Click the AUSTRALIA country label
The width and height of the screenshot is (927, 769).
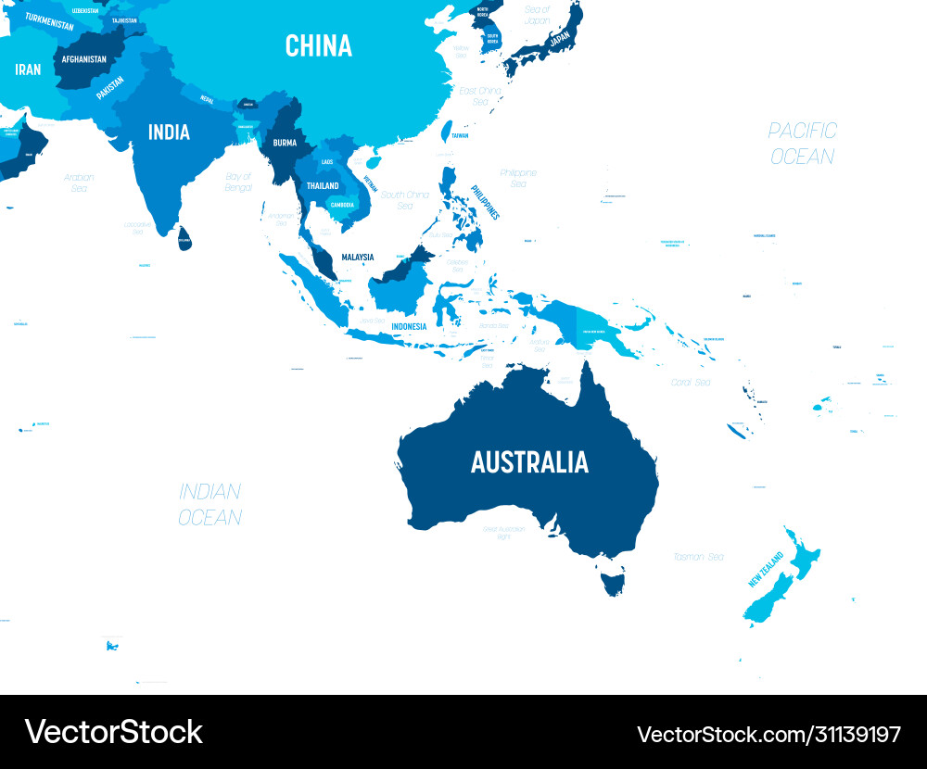[529, 461]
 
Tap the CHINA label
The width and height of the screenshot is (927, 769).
[319, 45]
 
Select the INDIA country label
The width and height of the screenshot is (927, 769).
[169, 132]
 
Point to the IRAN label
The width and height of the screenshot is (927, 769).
[28, 69]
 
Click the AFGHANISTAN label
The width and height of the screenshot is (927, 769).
[83, 59]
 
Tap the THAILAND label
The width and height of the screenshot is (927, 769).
[323, 185]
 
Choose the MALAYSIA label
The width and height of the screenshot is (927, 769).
[357, 257]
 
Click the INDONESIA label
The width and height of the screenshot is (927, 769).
[409, 326]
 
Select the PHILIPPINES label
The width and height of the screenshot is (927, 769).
[484, 202]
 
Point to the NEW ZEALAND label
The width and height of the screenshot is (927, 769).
[767, 569]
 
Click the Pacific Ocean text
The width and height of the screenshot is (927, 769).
[803, 143]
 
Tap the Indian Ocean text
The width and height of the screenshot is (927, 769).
[210, 504]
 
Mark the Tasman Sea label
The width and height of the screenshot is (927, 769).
[699, 557]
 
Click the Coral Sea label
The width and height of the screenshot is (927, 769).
[691, 382]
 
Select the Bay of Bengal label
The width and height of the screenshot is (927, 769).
[238, 182]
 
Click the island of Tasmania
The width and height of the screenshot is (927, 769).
[613, 581]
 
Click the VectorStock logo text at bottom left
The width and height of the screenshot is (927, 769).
[113, 732]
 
